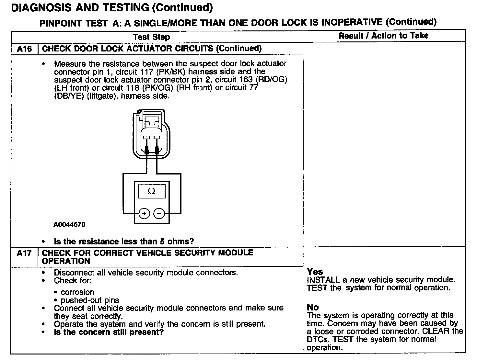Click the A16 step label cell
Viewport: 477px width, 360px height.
click(x=24, y=49)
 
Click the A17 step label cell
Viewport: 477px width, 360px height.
click(x=24, y=253)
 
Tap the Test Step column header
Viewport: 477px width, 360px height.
click(x=151, y=37)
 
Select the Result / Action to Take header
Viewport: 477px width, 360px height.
click(x=383, y=36)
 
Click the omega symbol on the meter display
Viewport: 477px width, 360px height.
click(x=151, y=191)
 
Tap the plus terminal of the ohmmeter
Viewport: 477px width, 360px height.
click(x=144, y=214)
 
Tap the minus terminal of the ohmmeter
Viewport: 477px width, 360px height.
click(x=159, y=214)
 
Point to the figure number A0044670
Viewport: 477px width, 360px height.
click(x=69, y=225)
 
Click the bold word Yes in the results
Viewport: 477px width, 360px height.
click(x=315, y=272)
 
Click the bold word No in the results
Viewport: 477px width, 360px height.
click(x=313, y=307)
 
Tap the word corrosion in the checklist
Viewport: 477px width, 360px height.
click(x=77, y=292)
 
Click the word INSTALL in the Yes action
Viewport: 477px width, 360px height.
click(x=323, y=280)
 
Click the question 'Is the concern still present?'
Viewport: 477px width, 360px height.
click(x=109, y=332)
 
